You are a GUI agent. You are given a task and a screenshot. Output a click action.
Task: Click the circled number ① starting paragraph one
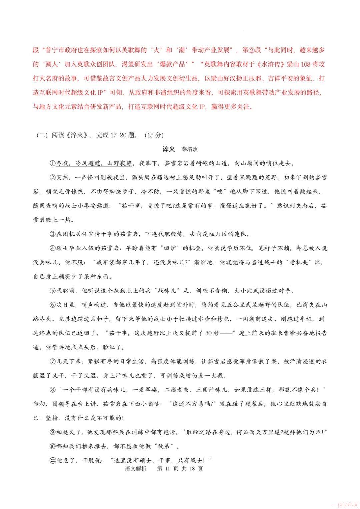[52, 163]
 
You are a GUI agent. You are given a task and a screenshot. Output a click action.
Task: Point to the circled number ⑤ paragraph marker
[52, 290]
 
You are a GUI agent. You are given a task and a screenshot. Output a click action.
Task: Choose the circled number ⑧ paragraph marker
[52, 389]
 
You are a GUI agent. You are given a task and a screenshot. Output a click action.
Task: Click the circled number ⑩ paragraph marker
[52, 446]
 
